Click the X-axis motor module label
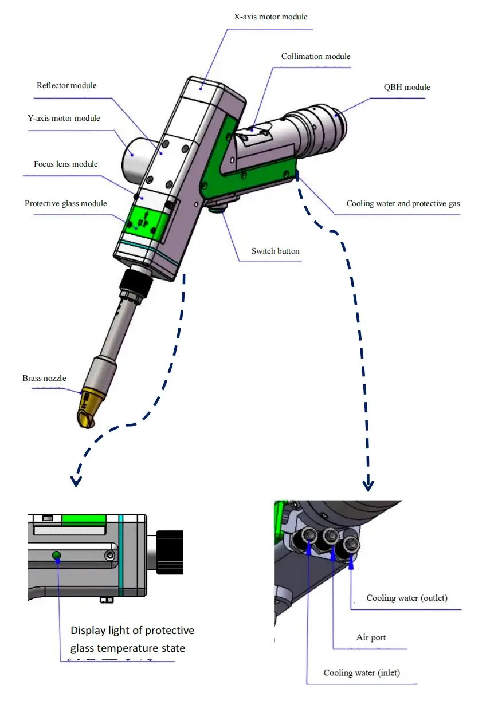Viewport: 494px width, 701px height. point(270,17)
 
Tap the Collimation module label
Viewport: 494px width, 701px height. point(316,57)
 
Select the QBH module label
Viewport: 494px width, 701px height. point(407,88)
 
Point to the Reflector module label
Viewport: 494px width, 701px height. point(66,86)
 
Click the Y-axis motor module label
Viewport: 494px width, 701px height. point(64,119)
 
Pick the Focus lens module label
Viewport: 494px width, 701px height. point(65,164)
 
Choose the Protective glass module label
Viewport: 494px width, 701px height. point(65,204)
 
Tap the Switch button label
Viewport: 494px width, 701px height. point(275,251)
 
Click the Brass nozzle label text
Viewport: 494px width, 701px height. point(44,378)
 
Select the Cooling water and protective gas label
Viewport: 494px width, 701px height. point(403,204)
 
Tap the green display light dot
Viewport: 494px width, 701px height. point(56,554)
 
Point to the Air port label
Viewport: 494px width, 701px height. point(371,637)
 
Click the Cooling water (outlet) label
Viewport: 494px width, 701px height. point(407,598)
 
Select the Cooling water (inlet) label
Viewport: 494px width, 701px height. point(362,672)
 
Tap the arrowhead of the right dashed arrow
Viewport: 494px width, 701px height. point(368,486)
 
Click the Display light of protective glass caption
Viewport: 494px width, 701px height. point(132,639)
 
